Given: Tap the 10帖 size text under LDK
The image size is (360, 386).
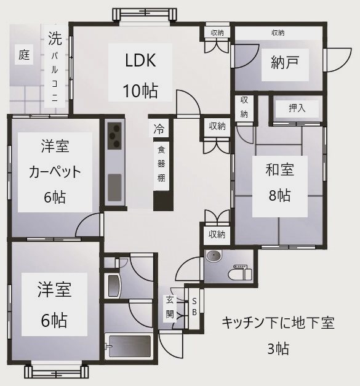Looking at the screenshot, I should click(141, 90).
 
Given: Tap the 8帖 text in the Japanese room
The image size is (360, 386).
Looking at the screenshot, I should click(279, 196).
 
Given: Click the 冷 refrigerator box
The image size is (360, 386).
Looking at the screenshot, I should click(159, 129).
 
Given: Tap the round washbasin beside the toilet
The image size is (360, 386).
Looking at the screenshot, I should click(214, 257).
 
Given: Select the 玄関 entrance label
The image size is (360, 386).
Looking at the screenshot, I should click(169, 307).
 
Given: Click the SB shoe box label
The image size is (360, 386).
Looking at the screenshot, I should click(194, 306).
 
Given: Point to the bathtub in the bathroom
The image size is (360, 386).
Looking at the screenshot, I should click(129, 346).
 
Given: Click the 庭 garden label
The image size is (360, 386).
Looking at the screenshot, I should click(24, 55).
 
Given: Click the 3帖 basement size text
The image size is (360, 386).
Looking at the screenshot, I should click(278, 348).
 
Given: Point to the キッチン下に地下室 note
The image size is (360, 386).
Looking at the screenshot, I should click(278, 323).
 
